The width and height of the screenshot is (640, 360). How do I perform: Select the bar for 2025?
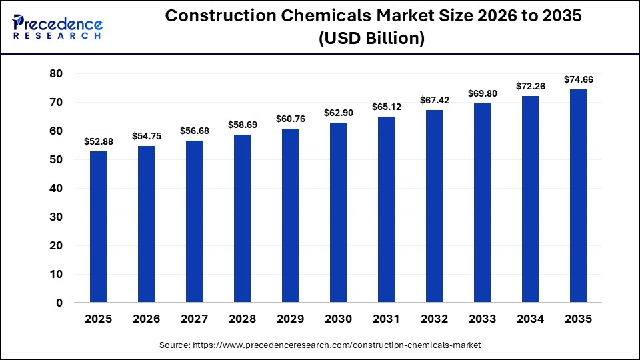pos(98,227)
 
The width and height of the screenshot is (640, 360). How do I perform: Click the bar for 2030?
pos(338,213)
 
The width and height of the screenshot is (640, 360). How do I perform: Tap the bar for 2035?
pos(578,196)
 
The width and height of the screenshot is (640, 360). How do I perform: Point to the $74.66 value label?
pos(578,79)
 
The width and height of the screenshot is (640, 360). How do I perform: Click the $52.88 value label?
pos(98,141)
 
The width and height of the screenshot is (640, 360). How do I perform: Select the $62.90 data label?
pos(338,113)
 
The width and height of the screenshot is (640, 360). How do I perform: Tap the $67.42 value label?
pos(434,100)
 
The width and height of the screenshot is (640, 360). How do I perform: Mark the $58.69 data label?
pos(242,125)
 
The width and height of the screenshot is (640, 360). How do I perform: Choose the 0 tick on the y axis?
pos(59,303)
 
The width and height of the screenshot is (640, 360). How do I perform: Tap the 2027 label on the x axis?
pos(194,319)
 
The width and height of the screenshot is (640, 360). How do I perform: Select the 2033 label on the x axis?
pos(482,319)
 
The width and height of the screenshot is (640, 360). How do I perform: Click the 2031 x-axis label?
pos(386,319)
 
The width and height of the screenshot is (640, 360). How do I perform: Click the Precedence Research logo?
pos(57,27)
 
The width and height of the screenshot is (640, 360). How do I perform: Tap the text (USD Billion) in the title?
pos(371,39)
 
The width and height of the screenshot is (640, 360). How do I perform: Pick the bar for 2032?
pos(434,206)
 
